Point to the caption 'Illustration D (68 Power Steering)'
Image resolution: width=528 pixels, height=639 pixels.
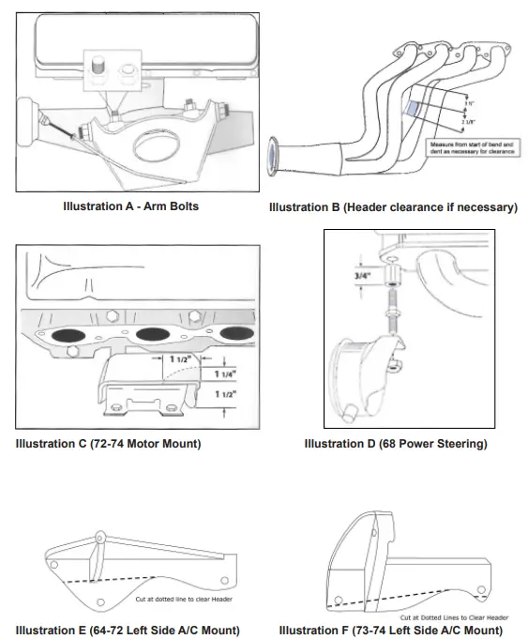click(x=396, y=443)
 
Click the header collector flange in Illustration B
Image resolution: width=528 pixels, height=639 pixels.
click(x=275, y=156)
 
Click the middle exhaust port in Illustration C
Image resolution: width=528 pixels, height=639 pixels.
click(x=154, y=335)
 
